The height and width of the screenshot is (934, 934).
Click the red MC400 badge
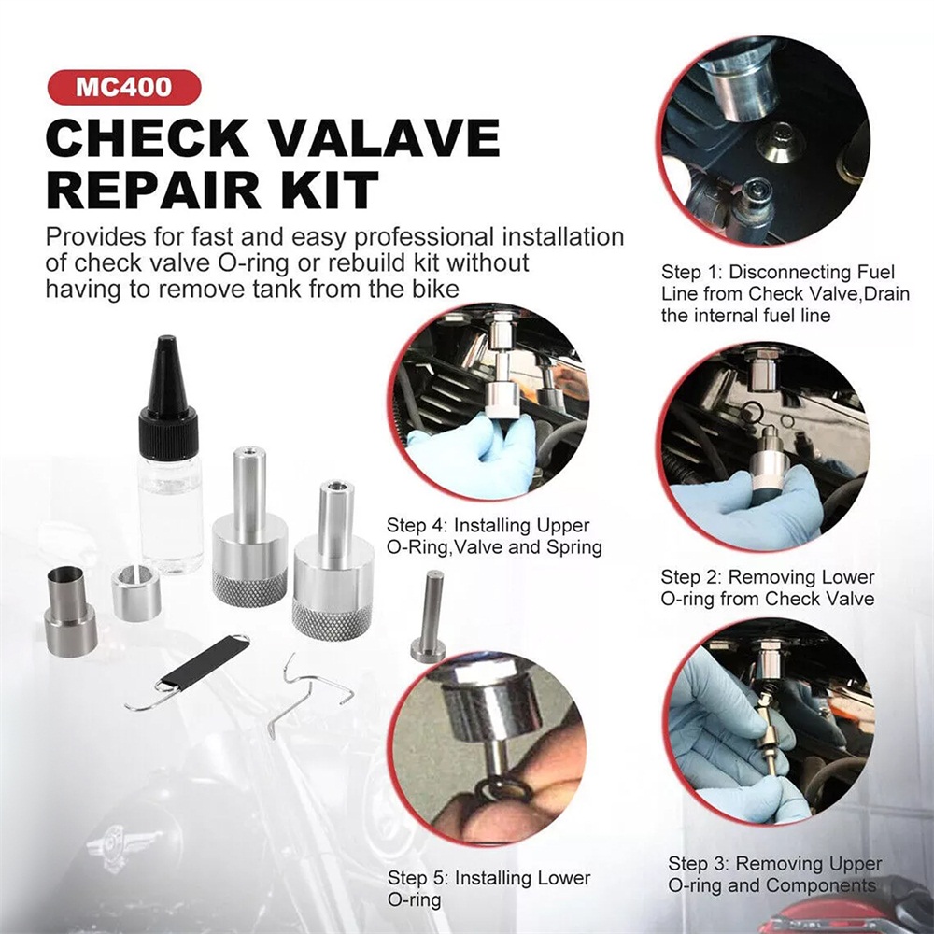point(124,87)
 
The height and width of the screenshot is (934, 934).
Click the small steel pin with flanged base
point(429,617)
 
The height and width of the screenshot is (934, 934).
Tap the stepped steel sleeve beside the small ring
point(70,612)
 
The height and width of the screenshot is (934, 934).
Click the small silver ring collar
point(136,592)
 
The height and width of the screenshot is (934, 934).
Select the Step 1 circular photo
point(765,141)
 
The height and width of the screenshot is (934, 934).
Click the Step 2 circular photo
point(765,446)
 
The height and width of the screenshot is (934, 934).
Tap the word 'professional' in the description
point(423,238)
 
